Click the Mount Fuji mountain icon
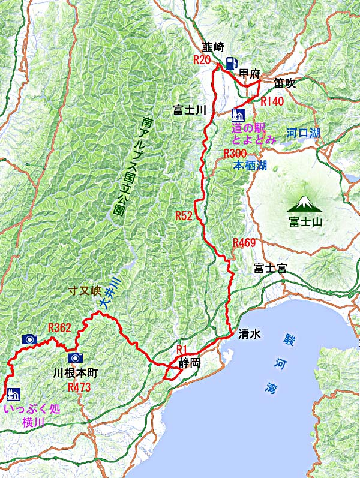tap(305, 204)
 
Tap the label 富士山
tap(305, 222)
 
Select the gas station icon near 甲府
tap(232, 63)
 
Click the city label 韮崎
tap(212, 47)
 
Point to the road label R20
tap(202, 59)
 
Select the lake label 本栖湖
tap(250, 165)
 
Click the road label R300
tap(235, 154)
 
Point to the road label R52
tap(184, 215)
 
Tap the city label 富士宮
tap(269, 268)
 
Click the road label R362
tap(59, 327)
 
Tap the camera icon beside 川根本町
tap(75, 358)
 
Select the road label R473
tap(79, 387)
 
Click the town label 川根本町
tap(76, 373)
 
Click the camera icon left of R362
tap(29, 339)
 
